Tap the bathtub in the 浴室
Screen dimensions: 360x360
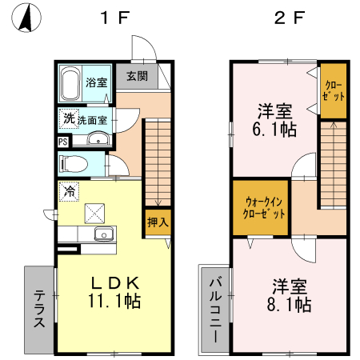click(x=70, y=82)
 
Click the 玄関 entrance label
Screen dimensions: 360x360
click(x=137, y=77)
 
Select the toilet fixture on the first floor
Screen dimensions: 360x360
click(x=74, y=166)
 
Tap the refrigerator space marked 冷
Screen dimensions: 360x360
click(x=70, y=191)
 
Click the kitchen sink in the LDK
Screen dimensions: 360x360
click(x=102, y=234)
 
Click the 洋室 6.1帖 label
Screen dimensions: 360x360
click(x=274, y=118)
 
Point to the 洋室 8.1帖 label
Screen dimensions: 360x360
click(x=290, y=295)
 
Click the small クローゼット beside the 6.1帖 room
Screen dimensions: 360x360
click(x=334, y=90)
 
